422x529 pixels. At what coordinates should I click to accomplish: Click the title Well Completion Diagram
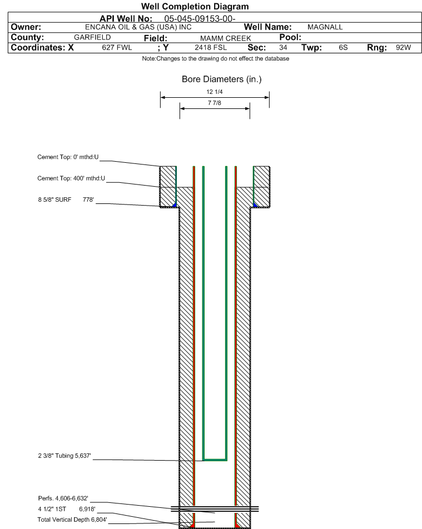coord(195,7)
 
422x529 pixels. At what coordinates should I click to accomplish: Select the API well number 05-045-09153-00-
coord(200,19)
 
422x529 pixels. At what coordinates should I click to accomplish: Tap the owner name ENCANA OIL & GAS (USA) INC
coord(138,27)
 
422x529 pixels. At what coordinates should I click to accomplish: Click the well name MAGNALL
coord(325,27)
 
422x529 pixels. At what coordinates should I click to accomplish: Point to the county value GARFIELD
coord(92,37)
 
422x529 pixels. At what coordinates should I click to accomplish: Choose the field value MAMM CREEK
coord(226,38)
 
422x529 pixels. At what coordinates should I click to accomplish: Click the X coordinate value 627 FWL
coord(117,48)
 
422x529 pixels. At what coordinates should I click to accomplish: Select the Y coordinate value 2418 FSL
coord(211,48)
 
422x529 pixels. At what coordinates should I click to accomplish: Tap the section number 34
coord(283,48)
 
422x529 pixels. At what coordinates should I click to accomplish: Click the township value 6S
coord(343,48)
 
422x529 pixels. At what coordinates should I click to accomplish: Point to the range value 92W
coord(404,48)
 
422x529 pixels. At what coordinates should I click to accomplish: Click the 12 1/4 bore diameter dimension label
coord(215,92)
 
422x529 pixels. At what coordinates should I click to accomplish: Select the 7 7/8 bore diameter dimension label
coord(215,103)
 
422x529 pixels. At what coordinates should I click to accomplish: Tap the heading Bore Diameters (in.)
coord(221,79)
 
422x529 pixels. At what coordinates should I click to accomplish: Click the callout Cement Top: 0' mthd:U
coord(68,157)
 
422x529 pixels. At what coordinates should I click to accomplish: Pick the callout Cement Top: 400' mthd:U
coord(71,178)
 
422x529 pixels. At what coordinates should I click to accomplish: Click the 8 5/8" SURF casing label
coord(54,199)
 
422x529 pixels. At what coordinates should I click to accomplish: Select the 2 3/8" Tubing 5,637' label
coord(64,456)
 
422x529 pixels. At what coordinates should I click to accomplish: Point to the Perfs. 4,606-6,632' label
coord(63,498)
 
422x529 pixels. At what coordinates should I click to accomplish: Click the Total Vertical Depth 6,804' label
coord(72,520)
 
